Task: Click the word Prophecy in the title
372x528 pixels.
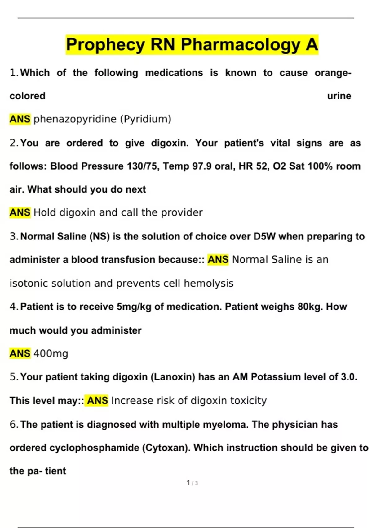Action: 105,44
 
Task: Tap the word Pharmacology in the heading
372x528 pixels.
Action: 240,44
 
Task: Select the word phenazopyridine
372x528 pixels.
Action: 75,119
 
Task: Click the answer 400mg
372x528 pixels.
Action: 51,353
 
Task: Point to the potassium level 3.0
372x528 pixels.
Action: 349,377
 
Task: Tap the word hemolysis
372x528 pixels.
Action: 208,283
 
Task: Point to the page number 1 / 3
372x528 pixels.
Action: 192,483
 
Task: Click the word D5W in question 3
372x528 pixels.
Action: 264,236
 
